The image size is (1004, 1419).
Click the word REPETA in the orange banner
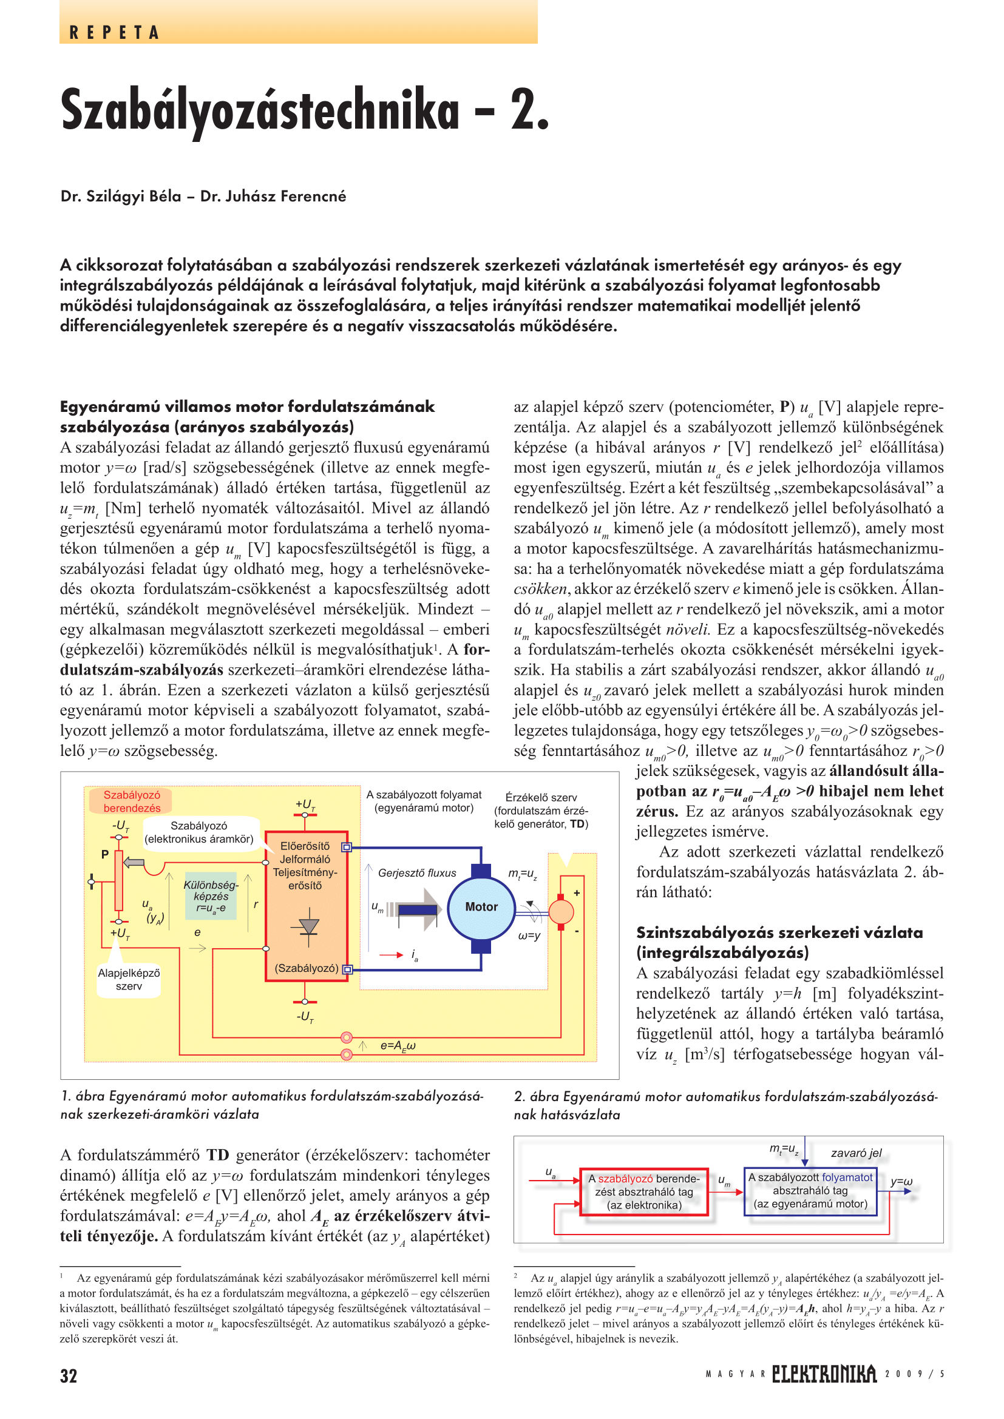[x=114, y=33]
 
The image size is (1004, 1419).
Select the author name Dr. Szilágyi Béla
[x=121, y=197]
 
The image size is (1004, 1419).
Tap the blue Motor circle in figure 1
[x=481, y=906]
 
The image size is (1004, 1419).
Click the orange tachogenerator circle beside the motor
[x=561, y=911]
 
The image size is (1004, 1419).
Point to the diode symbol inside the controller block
[x=308, y=926]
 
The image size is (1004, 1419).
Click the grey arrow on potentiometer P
[x=134, y=863]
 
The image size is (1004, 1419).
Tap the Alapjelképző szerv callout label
[x=129, y=980]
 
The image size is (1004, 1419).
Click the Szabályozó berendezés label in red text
[x=131, y=801]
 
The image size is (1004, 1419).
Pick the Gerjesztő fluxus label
[x=416, y=872]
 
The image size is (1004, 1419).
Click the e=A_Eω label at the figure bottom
[x=398, y=1046]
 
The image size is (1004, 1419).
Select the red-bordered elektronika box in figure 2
[x=643, y=1191]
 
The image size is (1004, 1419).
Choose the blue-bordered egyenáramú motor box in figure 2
[x=810, y=1190]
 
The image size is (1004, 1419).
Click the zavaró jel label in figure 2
[x=856, y=1153]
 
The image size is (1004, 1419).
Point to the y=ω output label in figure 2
[x=901, y=1182]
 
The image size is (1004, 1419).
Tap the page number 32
[x=69, y=1376]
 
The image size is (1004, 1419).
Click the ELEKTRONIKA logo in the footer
[x=824, y=1374]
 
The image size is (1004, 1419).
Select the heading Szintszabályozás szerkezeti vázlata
[x=779, y=932]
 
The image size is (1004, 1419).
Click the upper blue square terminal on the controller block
[x=347, y=848]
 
